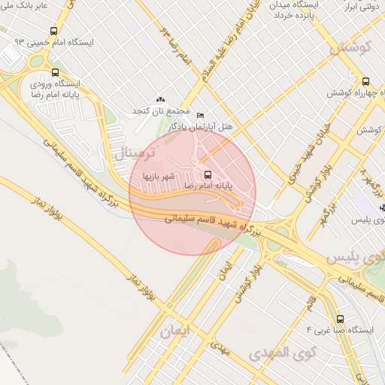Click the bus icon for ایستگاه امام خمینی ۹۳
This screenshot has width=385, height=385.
[53, 31]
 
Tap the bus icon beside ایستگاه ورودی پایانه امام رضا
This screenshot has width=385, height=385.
[55, 73]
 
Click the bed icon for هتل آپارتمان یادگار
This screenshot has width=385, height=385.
[199, 114]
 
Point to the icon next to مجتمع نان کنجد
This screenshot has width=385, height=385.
[159, 99]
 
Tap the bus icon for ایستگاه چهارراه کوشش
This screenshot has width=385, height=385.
[365, 81]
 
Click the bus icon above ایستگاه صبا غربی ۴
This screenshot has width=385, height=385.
[340, 319]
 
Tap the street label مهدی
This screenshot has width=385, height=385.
[220, 345]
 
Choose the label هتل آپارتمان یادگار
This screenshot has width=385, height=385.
[204, 127]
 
